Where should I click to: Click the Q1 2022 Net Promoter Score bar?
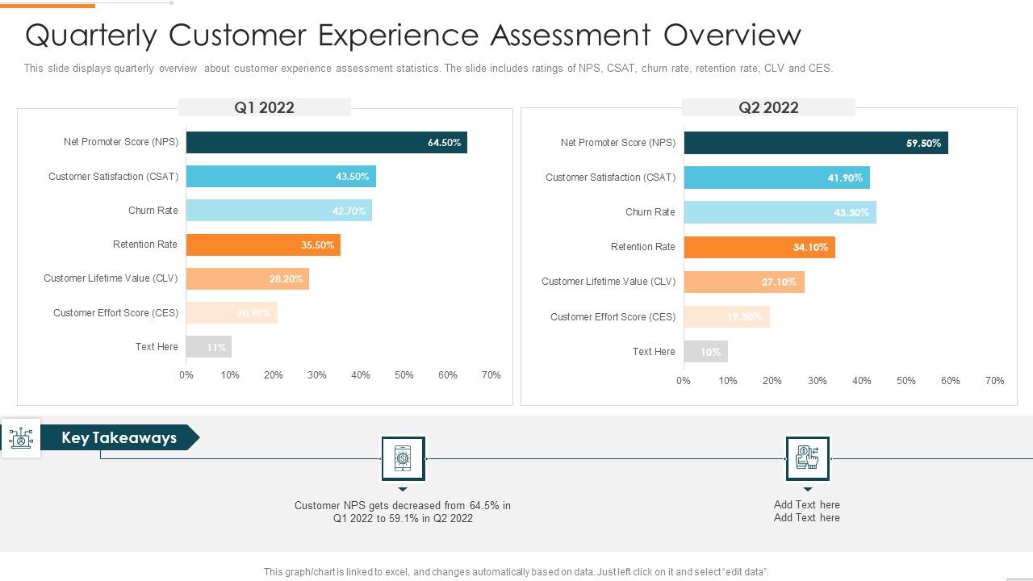pos(326,143)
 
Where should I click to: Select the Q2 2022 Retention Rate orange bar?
pos(759,247)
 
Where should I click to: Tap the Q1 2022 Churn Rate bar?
pos(278,211)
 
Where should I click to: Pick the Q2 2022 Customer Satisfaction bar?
pos(776,178)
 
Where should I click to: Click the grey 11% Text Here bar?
pos(208,347)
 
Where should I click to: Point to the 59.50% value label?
pos(923,144)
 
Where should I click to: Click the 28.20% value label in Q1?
pos(286,279)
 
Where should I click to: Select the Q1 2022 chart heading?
pos(264,107)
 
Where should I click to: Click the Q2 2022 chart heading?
pos(768,108)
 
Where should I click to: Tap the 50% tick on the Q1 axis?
pos(404,375)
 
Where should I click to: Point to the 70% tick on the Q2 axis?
pos(994,381)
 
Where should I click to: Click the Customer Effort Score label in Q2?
pos(613,317)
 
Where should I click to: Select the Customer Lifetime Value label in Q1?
pos(111,278)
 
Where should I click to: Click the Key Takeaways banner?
pos(119,437)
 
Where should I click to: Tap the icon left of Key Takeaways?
pos(20,438)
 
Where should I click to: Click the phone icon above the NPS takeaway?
pos(403,458)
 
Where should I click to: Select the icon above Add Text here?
pos(807,458)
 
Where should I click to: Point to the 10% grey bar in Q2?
pos(705,352)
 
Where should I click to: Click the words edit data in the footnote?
pos(740,572)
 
